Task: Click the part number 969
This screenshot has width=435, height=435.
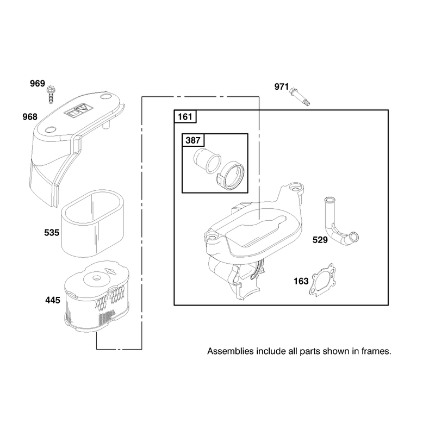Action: (38, 84)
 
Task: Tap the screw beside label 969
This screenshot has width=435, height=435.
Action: (51, 95)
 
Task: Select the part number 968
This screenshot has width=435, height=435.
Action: (30, 117)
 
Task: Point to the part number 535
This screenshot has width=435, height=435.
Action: (52, 233)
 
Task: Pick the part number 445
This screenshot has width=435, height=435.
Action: (53, 300)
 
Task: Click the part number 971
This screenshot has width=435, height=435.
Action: (282, 87)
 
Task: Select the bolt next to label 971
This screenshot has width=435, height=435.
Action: (300, 97)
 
